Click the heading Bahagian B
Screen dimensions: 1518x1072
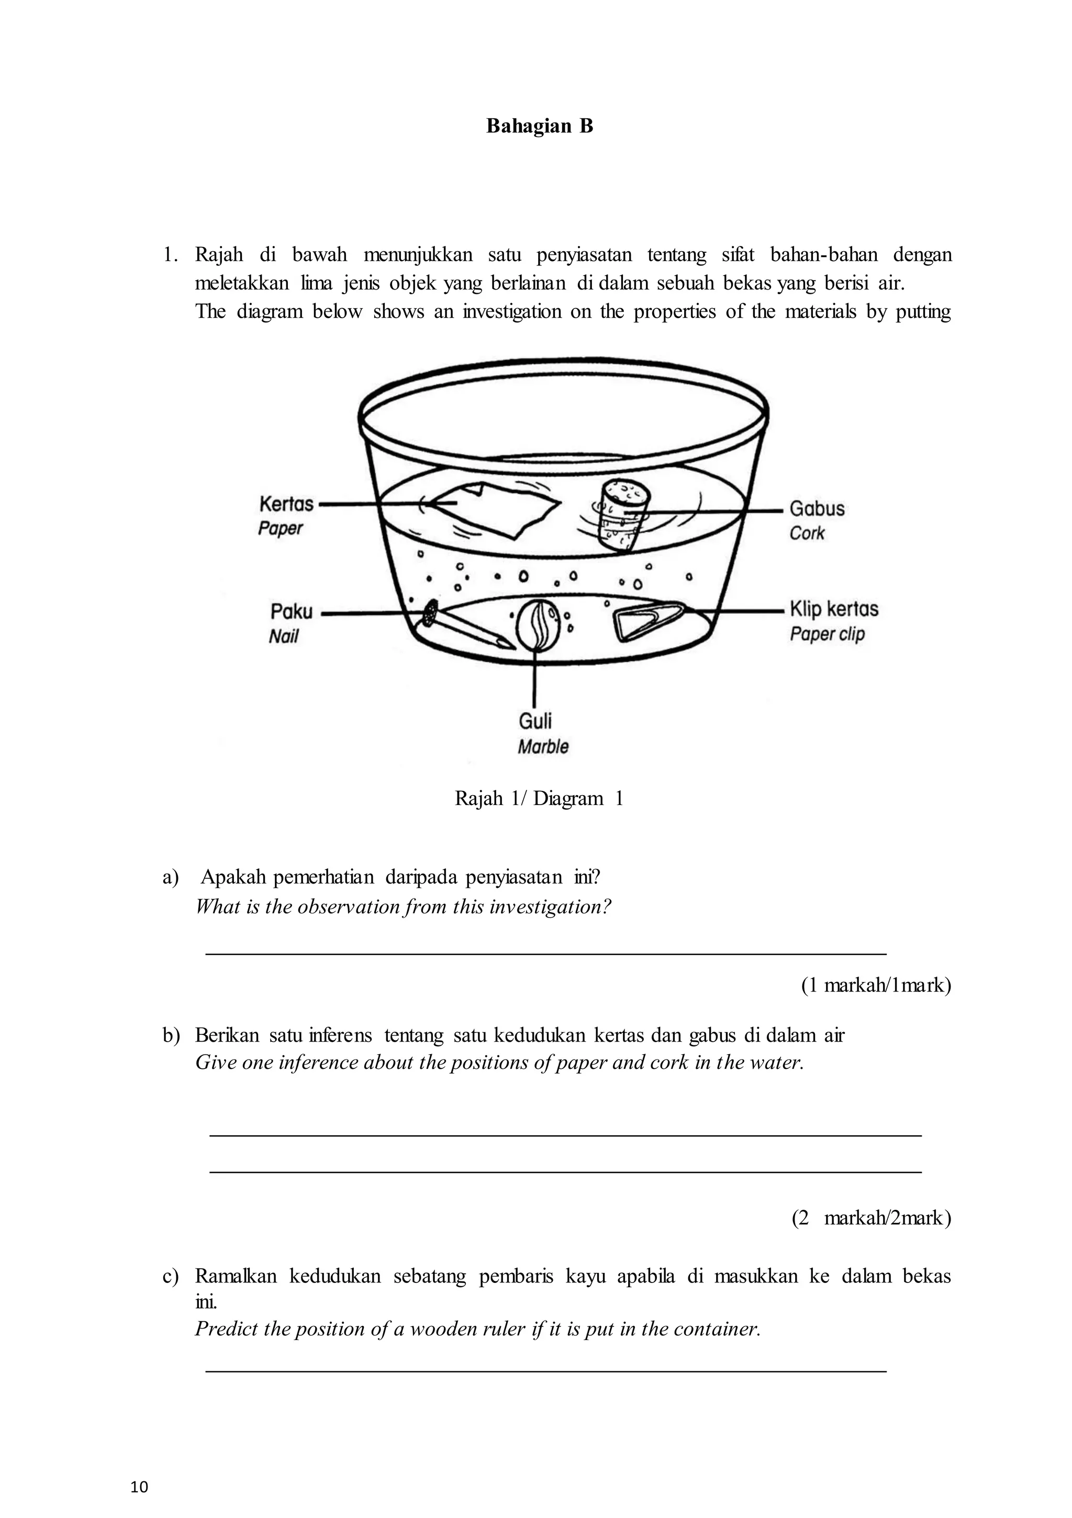tap(539, 126)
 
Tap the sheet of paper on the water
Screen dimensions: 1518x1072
tap(496, 510)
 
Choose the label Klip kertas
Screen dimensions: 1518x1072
tap(834, 609)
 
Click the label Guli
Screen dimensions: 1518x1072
tap(535, 721)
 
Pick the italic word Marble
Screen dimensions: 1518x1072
tap(543, 746)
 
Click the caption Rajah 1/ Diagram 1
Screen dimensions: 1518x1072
tap(539, 799)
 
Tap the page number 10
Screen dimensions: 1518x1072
tap(140, 1488)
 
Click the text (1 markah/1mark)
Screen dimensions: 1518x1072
tap(876, 986)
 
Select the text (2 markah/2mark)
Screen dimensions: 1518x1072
tap(871, 1218)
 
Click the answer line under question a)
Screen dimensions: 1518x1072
tap(545, 953)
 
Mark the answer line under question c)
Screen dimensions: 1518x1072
tap(545, 1372)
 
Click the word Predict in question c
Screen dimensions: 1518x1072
tap(225, 1329)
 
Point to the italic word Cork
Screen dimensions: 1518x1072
tap(807, 533)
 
